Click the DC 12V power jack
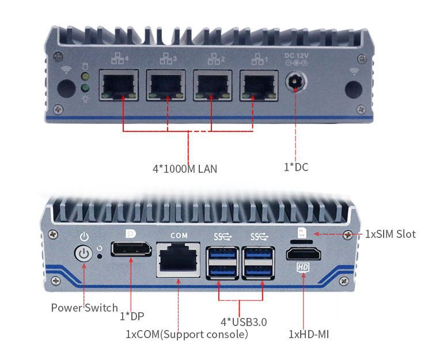click(296, 82)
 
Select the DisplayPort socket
click(131, 251)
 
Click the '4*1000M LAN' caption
click(184, 169)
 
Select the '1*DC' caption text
click(296, 167)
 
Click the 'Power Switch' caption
click(84, 308)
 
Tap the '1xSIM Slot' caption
click(390, 234)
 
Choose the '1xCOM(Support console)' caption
click(187, 334)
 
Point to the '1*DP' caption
click(132, 316)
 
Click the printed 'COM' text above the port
click(179, 236)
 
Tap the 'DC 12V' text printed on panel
click(296, 55)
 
